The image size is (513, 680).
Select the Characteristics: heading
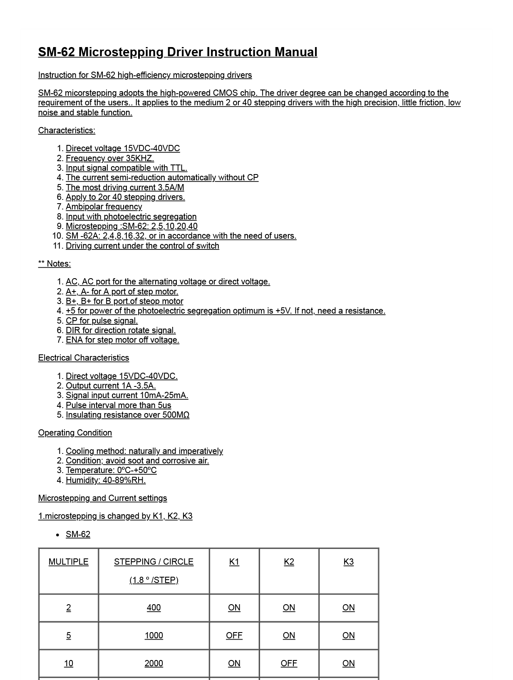67,130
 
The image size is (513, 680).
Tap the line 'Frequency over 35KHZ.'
110,158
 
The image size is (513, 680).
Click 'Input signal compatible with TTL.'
126,168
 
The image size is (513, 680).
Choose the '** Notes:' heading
55,264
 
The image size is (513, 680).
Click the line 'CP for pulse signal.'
102,321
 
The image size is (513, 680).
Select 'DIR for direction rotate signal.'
121,330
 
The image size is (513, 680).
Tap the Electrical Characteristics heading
84,358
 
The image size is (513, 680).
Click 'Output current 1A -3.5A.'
111,386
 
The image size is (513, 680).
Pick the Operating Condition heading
75,433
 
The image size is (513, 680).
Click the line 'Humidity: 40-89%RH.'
106,480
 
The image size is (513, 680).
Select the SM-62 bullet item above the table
78,534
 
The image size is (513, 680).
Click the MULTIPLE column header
69,562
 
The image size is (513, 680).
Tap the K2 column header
289,562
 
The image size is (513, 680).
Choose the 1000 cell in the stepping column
154,635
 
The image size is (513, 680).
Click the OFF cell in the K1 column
234,635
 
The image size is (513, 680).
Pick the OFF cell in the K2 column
289,663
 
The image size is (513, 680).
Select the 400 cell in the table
154,608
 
